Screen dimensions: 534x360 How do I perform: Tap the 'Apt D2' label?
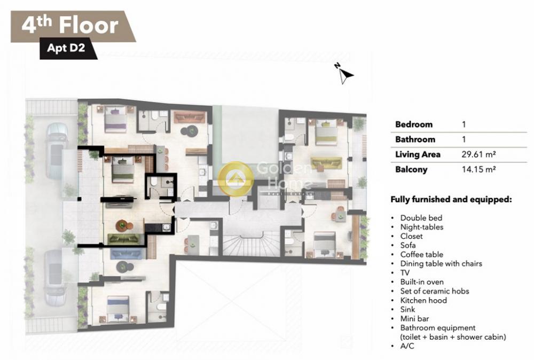66,48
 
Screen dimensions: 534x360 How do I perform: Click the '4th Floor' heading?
70,25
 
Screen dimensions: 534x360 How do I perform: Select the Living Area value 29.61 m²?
478,154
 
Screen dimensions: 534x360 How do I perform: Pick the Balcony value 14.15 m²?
478,169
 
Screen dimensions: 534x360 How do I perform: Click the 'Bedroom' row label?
414,124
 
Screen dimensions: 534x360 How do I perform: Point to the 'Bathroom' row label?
415,139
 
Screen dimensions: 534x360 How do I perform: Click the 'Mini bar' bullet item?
414,319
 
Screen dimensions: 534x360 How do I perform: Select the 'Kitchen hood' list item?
423,300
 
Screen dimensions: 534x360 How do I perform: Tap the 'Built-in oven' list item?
422,282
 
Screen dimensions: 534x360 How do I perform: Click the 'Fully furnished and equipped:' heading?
451,199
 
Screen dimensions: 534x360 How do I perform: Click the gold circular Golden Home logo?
235,179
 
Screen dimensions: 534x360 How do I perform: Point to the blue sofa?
127,254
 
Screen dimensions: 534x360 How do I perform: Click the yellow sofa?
326,163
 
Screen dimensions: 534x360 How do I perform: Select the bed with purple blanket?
115,119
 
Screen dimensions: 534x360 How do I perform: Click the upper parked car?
57,151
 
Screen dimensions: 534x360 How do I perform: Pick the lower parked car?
55,277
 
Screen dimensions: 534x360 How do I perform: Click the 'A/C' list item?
407,346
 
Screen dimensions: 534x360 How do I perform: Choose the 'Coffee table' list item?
422,254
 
